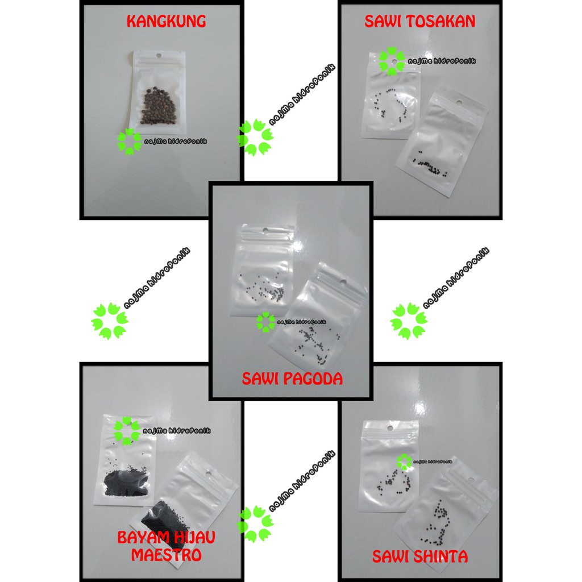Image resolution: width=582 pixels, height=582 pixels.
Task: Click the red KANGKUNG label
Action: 165,22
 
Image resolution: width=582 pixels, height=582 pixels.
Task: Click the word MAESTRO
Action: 166,554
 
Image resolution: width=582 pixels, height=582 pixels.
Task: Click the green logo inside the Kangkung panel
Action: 129,142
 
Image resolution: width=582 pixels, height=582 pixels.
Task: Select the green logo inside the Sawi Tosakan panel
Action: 392,61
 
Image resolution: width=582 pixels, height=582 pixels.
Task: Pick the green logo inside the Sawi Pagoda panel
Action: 265,322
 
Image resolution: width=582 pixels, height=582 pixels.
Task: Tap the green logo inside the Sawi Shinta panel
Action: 404,462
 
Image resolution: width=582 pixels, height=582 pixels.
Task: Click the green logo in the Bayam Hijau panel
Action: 126,430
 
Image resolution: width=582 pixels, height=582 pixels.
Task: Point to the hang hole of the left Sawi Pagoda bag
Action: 265,231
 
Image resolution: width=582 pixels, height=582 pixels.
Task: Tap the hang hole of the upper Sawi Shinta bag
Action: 390,427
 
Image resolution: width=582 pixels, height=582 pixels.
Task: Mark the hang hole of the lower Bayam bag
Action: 208,473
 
